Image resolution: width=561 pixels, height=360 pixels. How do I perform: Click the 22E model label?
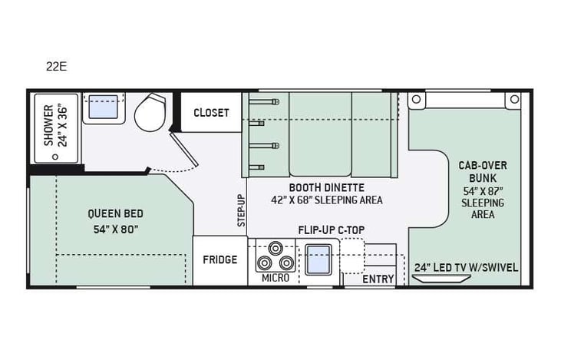56,66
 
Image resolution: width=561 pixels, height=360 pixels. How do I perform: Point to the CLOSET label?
211,113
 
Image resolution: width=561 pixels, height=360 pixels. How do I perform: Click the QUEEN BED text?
114,214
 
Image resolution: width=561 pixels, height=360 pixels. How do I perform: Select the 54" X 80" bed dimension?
114,229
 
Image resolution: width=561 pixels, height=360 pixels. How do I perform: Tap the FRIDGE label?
219,259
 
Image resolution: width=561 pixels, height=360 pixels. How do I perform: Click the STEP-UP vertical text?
241,210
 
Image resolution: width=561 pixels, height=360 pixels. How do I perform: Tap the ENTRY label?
378,279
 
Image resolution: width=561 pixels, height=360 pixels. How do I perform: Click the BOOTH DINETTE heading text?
326,187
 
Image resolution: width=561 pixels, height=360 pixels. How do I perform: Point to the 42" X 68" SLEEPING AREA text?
326,200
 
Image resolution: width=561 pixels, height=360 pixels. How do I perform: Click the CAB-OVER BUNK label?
482,171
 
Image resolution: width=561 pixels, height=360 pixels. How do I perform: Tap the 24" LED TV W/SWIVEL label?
466,268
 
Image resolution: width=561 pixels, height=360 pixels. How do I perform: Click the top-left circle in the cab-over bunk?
417,99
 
